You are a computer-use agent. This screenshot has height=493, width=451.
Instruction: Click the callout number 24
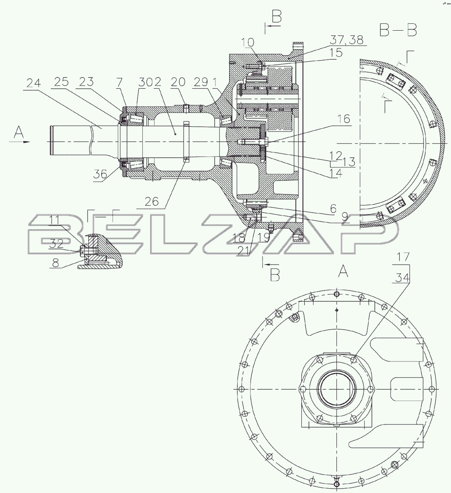coord(33,84)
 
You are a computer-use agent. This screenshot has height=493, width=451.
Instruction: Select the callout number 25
coord(61,82)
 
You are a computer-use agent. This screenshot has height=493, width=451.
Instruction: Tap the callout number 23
coord(86,81)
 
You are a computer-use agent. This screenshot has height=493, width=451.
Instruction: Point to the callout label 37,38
coord(347,40)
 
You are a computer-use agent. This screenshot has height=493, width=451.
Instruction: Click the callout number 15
coord(336,53)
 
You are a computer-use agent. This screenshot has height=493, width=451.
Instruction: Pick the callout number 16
coord(344,119)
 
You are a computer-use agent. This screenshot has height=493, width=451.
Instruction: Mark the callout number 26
coord(152,202)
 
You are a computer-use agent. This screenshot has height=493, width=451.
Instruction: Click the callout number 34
coord(402,278)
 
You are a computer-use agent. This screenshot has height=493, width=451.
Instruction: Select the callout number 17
coord(403,257)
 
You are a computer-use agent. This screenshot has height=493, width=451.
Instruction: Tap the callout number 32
coord(56,244)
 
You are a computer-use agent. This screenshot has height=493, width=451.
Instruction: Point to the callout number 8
coord(56,263)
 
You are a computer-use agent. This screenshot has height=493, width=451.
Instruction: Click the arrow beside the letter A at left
coord(19,142)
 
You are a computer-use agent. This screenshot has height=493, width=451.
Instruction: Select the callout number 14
coord(336,173)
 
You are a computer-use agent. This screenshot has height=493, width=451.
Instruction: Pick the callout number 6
coord(333,209)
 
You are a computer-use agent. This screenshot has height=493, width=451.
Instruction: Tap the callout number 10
coord(248,43)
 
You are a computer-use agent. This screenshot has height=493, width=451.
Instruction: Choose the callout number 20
coord(178,82)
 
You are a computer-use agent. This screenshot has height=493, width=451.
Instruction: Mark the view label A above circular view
coord(343,272)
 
